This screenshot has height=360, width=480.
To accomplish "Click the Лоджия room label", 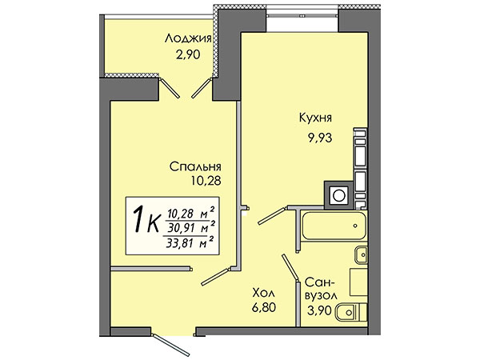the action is click(x=188, y=39).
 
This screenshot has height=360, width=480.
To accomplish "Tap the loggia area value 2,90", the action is click(x=188, y=54).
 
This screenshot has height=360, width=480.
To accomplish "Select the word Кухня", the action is click(x=315, y=118).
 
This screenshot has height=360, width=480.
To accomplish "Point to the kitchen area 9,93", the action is click(x=320, y=138).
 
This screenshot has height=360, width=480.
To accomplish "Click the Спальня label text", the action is click(x=195, y=167).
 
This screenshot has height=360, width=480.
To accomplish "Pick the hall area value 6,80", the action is click(x=264, y=307).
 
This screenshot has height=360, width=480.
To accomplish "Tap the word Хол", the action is click(x=263, y=294).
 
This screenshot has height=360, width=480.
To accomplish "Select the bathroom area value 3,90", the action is click(x=319, y=311).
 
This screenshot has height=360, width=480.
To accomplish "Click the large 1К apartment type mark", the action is click(x=146, y=219).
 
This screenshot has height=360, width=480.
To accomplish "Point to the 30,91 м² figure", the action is click(x=190, y=228).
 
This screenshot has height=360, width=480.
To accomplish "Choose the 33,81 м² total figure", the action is click(x=190, y=243).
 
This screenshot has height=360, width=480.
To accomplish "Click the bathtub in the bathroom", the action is click(x=334, y=226).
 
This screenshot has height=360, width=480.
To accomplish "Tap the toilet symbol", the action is click(x=352, y=312).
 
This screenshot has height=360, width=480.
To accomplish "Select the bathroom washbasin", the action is click(x=361, y=254).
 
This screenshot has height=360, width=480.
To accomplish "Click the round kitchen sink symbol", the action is click(x=339, y=195).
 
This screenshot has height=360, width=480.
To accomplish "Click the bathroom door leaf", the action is click(x=290, y=267).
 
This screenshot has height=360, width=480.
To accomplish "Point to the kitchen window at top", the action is click(x=302, y=14).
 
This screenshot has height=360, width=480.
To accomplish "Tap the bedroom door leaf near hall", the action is click(x=215, y=277).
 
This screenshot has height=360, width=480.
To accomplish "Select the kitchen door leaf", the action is click(x=272, y=216).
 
